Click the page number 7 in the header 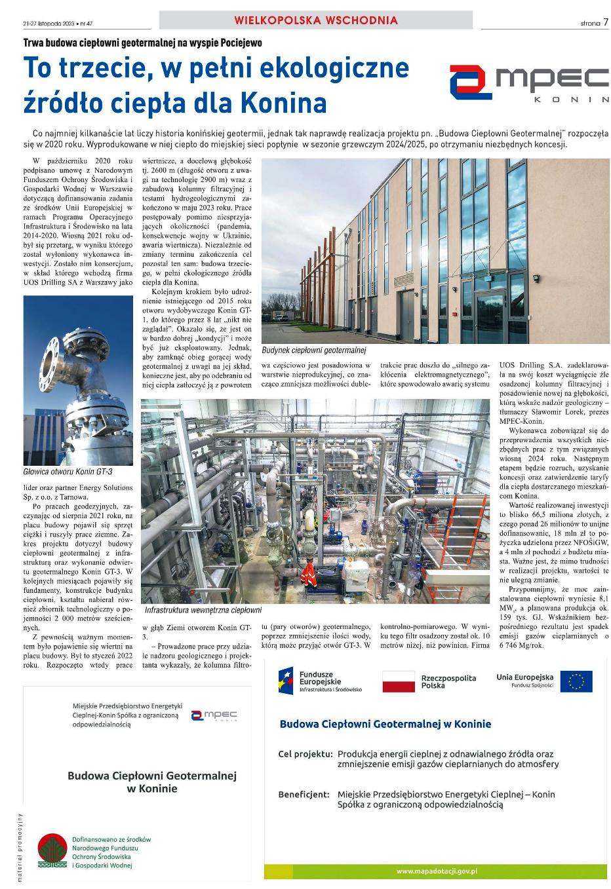(606, 22)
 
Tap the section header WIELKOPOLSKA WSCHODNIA (316, 20)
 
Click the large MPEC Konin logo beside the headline (528, 83)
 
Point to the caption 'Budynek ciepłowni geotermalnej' (313, 350)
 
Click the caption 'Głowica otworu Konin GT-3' (68, 472)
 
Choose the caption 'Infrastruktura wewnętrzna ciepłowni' (203, 610)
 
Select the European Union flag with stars (576, 681)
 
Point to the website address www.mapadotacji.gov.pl (436, 871)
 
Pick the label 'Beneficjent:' (304, 794)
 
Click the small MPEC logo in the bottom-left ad (214, 715)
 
